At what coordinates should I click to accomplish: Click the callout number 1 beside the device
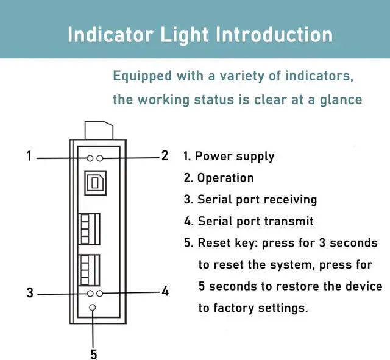(x=29, y=156)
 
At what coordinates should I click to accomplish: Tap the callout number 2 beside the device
(x=164, y=155)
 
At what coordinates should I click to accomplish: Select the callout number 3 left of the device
(x=30, y=292)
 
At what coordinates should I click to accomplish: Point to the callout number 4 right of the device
(x=165, y=291)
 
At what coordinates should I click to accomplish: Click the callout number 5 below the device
(x=93, y=353)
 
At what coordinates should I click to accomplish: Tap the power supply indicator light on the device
(x=90, y=158)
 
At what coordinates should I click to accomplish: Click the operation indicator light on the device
(x=100, y=158)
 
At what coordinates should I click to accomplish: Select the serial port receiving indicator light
(x=90, y=294)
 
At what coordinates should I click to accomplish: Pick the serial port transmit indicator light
(x=100, y=294)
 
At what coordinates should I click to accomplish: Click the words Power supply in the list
(x=235, y=156)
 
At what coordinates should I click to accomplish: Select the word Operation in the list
(x=225, y=178)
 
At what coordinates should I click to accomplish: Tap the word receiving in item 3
(x=288, y=200)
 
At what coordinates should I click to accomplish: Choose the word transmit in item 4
(x=287, y=221)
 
